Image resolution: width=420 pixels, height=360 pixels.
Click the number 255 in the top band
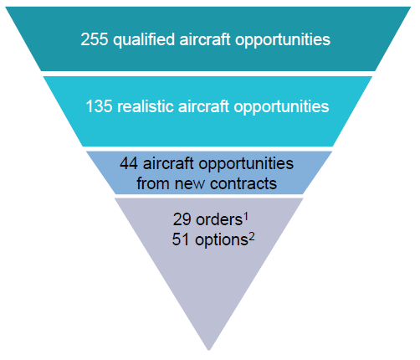[95, 39]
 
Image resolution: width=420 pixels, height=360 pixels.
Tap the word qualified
[144, 40]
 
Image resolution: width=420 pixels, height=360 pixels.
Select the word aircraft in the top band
[205, 39]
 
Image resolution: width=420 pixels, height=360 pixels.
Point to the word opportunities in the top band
[283, 40]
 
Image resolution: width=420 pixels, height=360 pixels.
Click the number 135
[99, 106]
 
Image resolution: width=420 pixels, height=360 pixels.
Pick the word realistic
[146, 106]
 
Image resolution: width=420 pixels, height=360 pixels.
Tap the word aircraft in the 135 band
[203, 106]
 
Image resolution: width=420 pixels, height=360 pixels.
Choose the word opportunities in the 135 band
[281, 107]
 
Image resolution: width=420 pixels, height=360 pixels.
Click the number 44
[129, 163]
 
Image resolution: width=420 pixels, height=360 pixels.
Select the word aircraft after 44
[168, 163]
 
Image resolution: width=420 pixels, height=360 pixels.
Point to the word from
[153, 183]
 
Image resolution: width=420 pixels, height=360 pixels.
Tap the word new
[190, 185]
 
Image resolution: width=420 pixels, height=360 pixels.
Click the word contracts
[243, 184]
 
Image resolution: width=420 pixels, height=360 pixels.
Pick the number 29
[182, 219]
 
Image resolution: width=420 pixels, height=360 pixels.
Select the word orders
[219, 219]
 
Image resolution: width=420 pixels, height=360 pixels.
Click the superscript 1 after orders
[246, 217]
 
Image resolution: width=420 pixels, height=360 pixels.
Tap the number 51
[181, 239]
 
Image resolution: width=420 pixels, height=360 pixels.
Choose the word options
[222, 240]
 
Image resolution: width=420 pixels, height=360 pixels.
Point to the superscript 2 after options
[252, 237]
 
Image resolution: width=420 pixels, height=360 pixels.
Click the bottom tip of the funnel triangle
[209, 350]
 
